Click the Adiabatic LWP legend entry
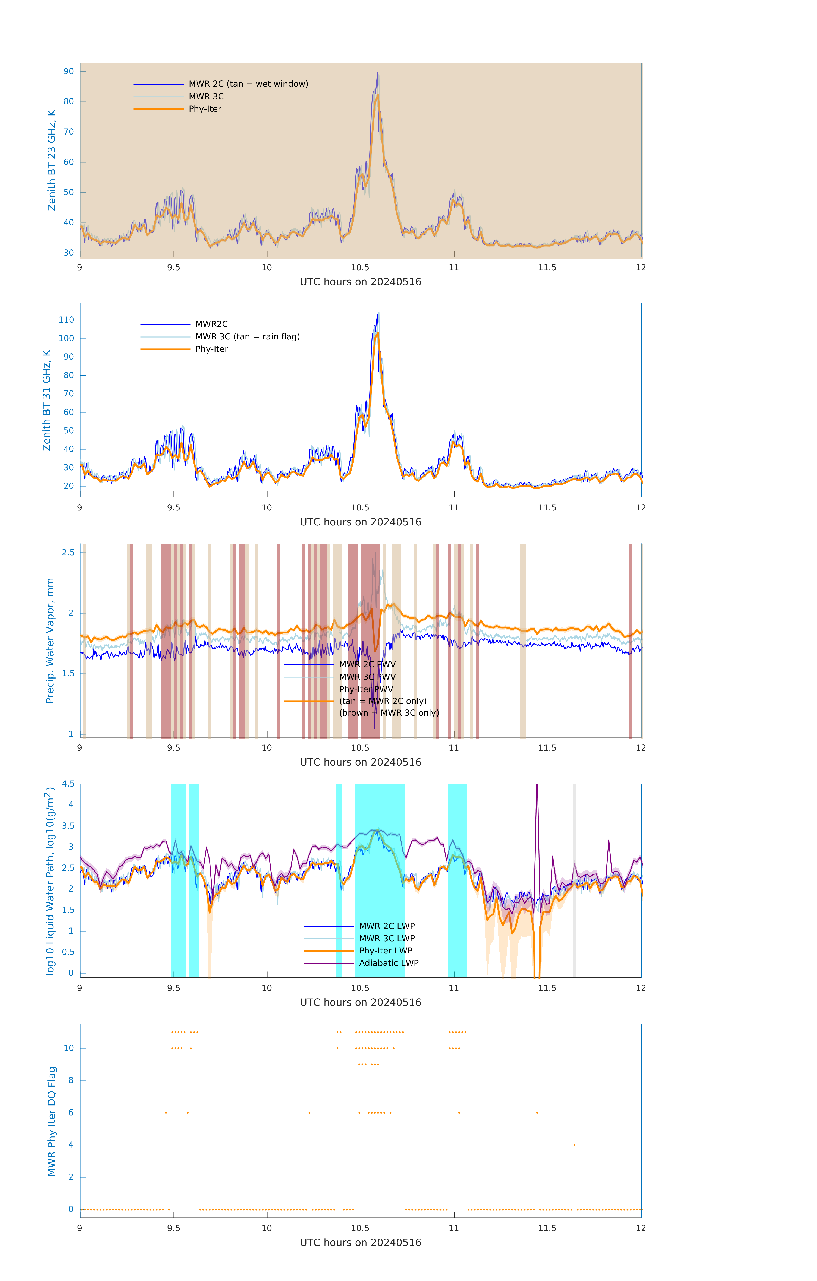pos(389,963)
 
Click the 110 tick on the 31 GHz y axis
pos(66,320)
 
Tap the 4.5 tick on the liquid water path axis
pos(68,784)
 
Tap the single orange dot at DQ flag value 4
pos(574,1145)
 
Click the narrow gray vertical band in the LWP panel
pos(574,878)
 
